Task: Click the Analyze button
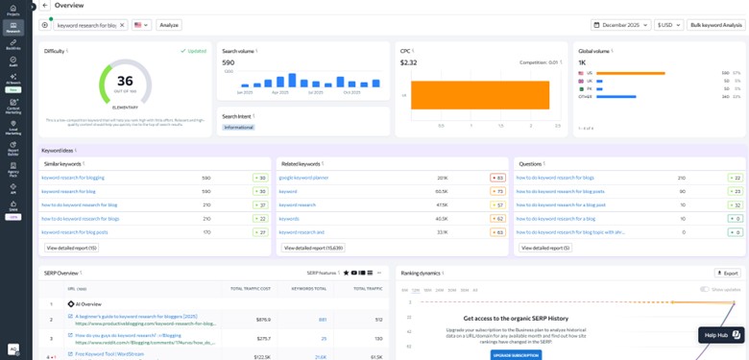[169, 25]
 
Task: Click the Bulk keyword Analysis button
[715, 25]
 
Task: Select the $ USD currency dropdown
[668, 25]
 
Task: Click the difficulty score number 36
[125, 81]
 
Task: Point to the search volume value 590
[229, 62]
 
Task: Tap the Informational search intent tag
[238, 127]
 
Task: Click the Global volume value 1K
[582, 62]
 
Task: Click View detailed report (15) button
[72, 248]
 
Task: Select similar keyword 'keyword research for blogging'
[73, 178]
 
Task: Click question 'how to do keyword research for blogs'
[555, 178]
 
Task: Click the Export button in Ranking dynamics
[727, 274]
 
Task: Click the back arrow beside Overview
[45, 6]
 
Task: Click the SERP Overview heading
[60, 274]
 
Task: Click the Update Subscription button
[516, 354]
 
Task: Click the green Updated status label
[195, 50]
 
